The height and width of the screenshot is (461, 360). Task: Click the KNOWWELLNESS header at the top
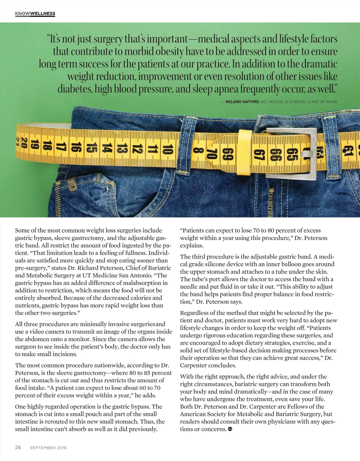pos(35,14)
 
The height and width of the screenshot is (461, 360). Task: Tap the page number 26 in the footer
pos(18,447)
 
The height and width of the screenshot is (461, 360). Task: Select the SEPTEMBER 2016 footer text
pos(48,448)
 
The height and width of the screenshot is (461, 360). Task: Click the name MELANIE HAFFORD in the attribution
pos(242,102)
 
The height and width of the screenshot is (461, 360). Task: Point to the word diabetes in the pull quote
pos(75,89)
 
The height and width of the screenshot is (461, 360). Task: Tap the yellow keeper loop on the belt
pos(245,151)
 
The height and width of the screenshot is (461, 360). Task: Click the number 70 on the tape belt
pos(212,154)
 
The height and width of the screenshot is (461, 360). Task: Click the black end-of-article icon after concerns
pos(230,429)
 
